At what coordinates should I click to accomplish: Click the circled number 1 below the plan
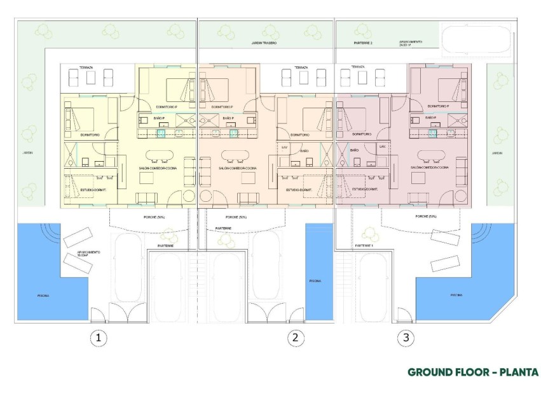pyautogui.click(x=97, y=338)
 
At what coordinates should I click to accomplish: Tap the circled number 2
pyautogui.click(x=294, y=338)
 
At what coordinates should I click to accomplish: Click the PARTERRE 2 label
pyautogui.click(x=362, y=43)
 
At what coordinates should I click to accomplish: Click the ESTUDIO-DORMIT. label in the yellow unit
pyautogui.click(x=83, y=189)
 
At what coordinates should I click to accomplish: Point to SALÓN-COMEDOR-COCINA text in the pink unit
pyautogui.click(x=430, y=167)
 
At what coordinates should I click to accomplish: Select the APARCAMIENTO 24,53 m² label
pyautogui.click(x=410, y=44)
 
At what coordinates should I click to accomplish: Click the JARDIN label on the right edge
pyautogui.click(x=496, y=153)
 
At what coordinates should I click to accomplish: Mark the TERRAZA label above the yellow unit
pyautogui.click(x=86, y=68)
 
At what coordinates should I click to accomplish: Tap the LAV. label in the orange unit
pyautogui.click(x=285, y=146)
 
